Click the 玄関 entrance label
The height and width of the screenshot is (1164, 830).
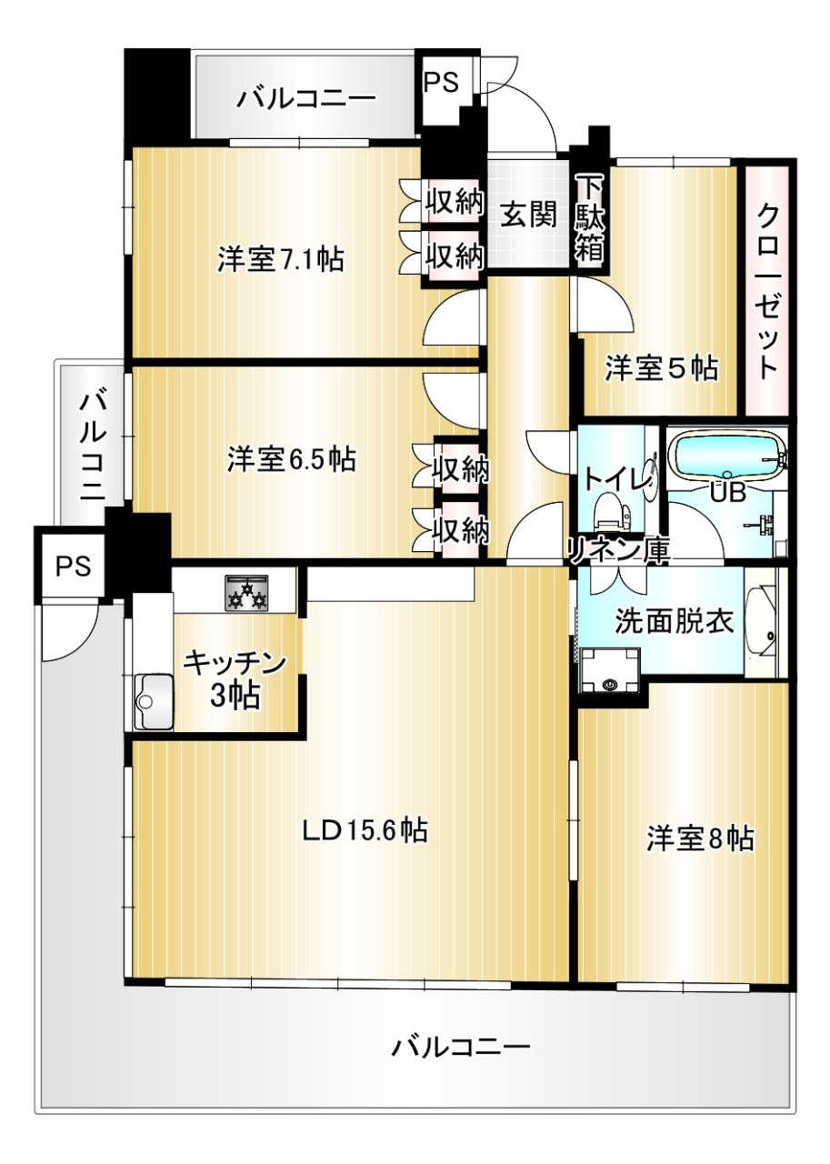(x=528, y=214)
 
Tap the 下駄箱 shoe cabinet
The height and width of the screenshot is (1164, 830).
(x=589, y=220)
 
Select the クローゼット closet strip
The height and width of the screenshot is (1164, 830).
(x=767, y=290)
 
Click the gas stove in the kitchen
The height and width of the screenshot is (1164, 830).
(x=246, y=592)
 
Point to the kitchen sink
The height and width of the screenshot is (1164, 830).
(x=154, y=700)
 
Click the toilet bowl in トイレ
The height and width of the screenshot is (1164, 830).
(x=611, y=510)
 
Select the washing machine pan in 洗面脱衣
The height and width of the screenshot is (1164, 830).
(x=610, y=670)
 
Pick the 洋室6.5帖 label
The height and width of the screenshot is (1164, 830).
(x=292, y=460)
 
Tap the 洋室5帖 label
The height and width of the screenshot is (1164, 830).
(x=662, y=368)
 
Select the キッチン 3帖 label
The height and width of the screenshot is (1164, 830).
(x=235, y=680)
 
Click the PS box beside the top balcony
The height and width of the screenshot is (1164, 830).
(x=442, y=83)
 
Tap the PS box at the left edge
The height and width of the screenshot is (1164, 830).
(x=74, y=566)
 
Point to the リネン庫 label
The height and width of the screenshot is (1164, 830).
(x=618, y=550)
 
